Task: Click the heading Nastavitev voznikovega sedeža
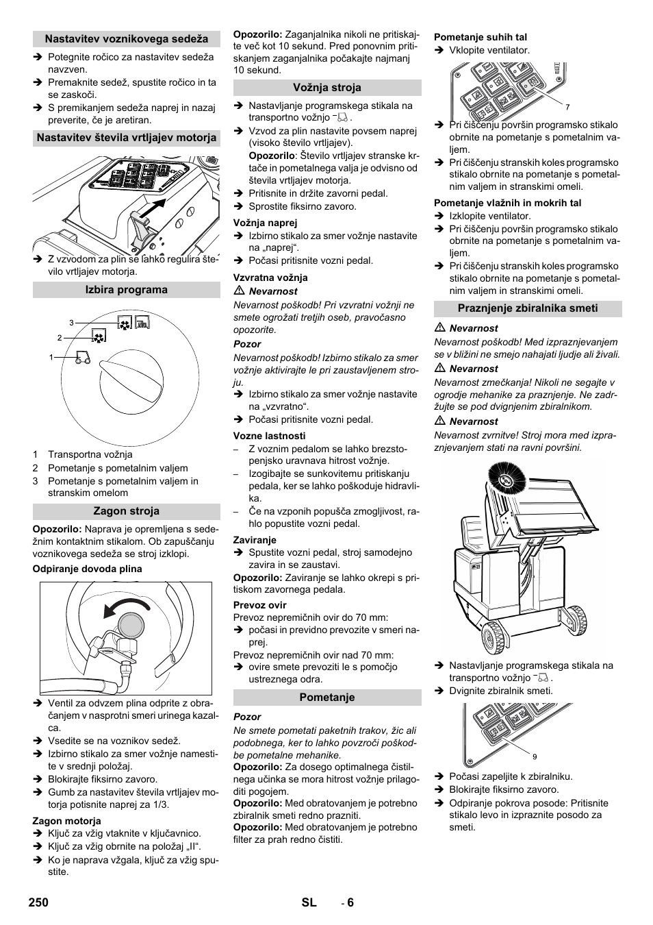[126, 39]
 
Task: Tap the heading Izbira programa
[126, 290]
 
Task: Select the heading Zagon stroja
[126, 511]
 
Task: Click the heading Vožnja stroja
[327, 88]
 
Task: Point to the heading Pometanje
[327, 698]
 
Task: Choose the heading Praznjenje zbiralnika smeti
[528, 308]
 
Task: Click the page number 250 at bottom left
[39, 902]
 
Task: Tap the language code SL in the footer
[309, 902]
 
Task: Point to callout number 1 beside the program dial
[51, 357]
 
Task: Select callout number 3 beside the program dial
[71, 322]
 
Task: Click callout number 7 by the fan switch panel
[567, 108]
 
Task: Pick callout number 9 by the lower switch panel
[534, 756]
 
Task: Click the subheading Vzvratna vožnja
[270, 277]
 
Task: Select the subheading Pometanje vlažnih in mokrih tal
[507, 203]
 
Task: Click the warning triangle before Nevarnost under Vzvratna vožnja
[239, 291]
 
